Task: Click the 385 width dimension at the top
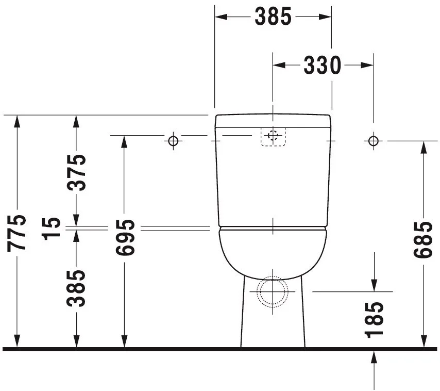pyautogui.click(x=273, y=17)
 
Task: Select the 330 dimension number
pyautogui.click(x=323, y=65)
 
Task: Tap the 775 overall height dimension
pyautogui.click(x=17, y=233)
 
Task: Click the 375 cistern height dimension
pyautogui.click(x=76, y=172)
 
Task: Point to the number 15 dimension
pyautogui.click(x=51, y=229)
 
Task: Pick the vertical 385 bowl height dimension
pyautogui.click(x=76, y=288)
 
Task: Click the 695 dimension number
pyautogui.click(x=125, y=237)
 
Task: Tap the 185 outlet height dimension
pyautogui.click(x=374, y=320)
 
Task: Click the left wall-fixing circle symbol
pyautogui.click(x=174, y=141)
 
